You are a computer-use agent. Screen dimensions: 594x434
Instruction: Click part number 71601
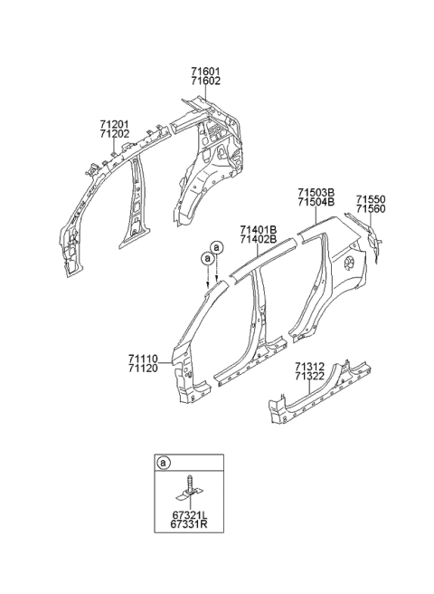pyautogui.click(x=205, y=72)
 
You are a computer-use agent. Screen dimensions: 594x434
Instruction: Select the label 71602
pyautogui.click(x=205, y=81)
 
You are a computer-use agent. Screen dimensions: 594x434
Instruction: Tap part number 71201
pyautogui.click(x=114, y=122)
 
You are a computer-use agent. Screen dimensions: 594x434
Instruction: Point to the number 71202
pyautogui.click(x=114, y=133)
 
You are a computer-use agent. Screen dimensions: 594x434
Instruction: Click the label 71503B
pyautogui.click(x=316, y=192)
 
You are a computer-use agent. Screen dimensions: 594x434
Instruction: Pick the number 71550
pyautogui.click(x=370, y=198)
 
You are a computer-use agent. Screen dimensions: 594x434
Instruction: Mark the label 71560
pyautogui.click(x=370, y=209)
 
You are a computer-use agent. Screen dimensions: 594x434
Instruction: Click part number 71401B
pyautogui.click(x=259, y=229)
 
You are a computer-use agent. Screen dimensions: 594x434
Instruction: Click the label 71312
pyautogui.click(x=309, y=367)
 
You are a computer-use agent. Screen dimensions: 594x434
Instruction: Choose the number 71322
pyautogui.click(x=309, y=378)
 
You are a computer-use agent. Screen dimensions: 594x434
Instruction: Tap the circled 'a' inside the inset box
pyautogui.click(x=164, y=464)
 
